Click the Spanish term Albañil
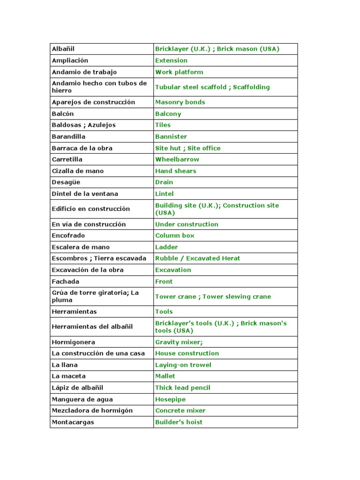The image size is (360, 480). [x=63, y=49]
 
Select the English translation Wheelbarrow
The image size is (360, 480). [x=177, y=159]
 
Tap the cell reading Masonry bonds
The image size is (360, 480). [x=180, y=102]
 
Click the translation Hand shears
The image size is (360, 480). [x=176, y=171]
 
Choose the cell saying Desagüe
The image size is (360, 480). [x=64, y=182]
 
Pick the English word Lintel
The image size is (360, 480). [x=165, y=194]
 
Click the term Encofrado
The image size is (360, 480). [x=68, y=236]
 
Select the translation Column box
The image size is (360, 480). [x=174, y=236]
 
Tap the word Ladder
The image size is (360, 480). [x=167, y=247]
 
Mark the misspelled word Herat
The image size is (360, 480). [x=231, y=258]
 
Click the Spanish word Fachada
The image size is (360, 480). [x=66, y=282]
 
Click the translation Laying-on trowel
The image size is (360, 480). [x=183, y=365]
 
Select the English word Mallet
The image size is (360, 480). [x=165, y=376]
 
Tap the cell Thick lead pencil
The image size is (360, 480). [x=183, y=388]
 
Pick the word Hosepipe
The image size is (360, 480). [x=171, y=399]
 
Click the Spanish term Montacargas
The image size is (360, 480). [x=73, y=422]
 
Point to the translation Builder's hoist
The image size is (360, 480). [x=179, y=422]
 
